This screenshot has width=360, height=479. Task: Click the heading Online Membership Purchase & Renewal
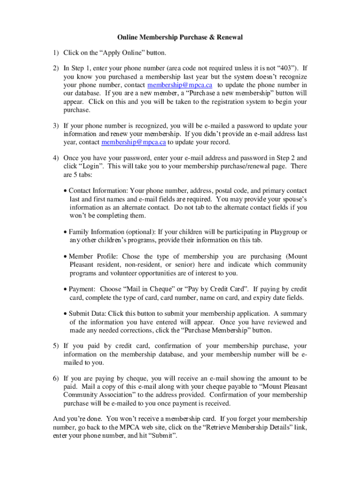pos(180,37)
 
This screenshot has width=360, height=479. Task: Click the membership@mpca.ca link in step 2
pos(180,85)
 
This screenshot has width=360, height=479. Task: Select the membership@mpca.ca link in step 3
pos(133,142)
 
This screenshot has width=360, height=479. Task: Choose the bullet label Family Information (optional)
pos(112,232)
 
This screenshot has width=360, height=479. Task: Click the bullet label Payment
pos(82,289)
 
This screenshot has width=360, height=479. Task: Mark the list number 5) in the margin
pos(56,346)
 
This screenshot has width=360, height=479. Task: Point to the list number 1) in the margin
pos(56,53)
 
